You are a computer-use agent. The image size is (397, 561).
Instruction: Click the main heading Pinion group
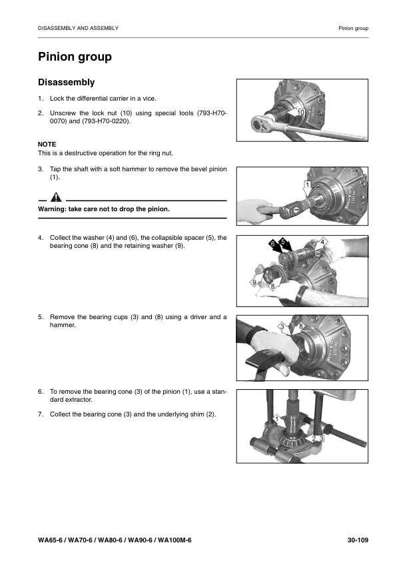(x=75, y=57)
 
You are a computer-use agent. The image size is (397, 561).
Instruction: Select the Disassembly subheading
(x=66, y=83)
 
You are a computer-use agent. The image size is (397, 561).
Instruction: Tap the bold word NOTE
(x=47, y=144)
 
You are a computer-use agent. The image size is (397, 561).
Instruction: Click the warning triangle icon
(x=56, y=197)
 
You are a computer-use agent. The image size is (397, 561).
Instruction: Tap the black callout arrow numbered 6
(x=274, y=247)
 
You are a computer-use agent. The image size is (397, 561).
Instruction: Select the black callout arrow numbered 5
(x=285, y=245)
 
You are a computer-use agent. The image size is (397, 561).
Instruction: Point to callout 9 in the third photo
(x=255, y=283)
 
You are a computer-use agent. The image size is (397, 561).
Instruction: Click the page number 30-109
(x=358, y=540)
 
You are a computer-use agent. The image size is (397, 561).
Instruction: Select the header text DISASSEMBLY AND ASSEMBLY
(x=79, y=28)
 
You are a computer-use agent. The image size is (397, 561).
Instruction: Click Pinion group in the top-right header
(x=353, y=28)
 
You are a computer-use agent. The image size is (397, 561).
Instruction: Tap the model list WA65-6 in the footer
(x=115, y=540)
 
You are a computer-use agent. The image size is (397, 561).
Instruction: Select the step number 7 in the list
(x=41, y=414)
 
